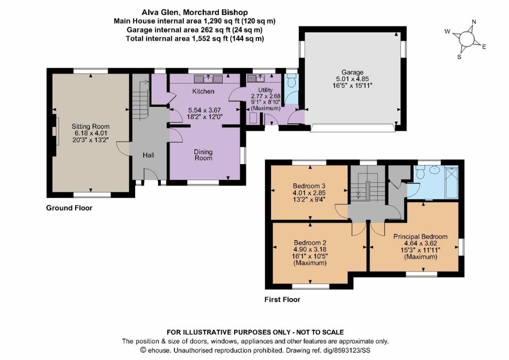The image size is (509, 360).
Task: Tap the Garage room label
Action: tap(352, 72)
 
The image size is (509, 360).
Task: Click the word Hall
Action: tap(148, 156)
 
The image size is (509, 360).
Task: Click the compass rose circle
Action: tap(467, 39)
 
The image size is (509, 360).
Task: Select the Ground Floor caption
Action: tap(69, 208)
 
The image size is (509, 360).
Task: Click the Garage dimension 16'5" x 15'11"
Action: tap(352, 86)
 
